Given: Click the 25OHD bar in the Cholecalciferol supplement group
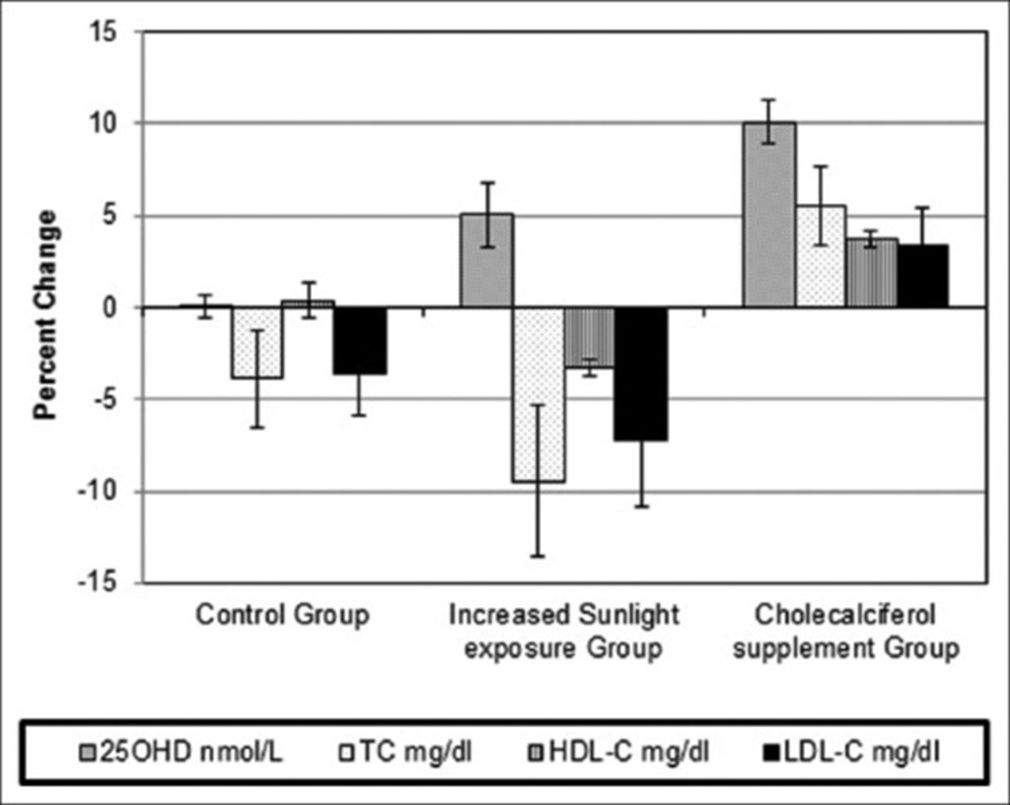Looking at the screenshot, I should pyautogui.click(x=768, y=215).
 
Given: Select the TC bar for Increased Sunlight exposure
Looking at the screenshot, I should pyautogui.click(x=539, y=394).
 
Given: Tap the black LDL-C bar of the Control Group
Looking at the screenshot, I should pyautogui.click(x=360, y=341).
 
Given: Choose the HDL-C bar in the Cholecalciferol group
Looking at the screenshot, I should pyautogui.click(x=871, y=273).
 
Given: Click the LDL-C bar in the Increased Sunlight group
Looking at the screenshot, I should pyautogui.click(x=641, y=374).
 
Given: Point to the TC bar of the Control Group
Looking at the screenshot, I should pyautogui.click(x=257, y=343).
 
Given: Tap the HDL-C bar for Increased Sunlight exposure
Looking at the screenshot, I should pyautogui.click(x=590, y=337).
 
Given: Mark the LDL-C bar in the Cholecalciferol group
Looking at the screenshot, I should pyautogui.click(x=922, y=276).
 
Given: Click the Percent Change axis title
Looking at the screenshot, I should pyautogui.click(x=46, y=313).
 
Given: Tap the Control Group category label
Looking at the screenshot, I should pyautogui.click(x=282, y=616).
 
